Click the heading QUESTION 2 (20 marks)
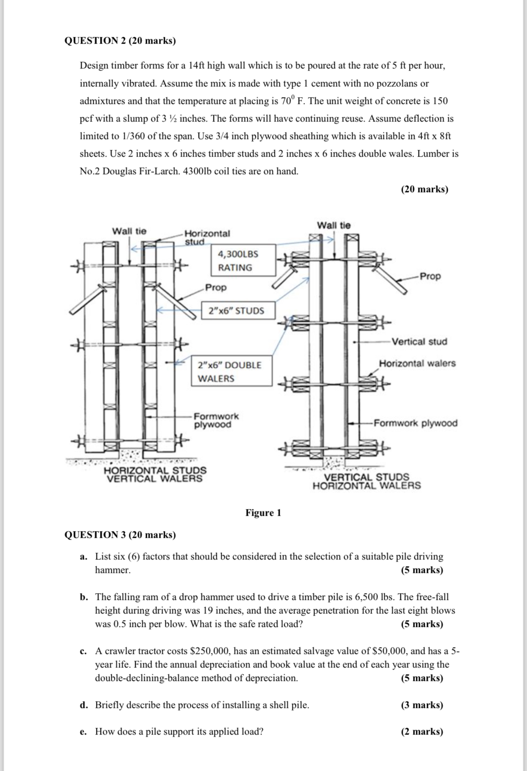[x=120, y=41]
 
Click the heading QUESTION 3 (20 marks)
[x=120, y=535]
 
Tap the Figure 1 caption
[x=263, y=513]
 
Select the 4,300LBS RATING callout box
[x=243, y=260]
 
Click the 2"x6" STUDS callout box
[x=237, y=311]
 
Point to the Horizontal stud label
[x=207, y=237]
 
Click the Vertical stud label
[x=419, y=342]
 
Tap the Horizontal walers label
[x=417, y=363]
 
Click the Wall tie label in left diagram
[x=129, y=231]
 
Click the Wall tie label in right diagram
[x=333, y=225]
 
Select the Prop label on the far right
[x=430, y=276]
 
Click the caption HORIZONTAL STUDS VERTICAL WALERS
[x=155, y=474]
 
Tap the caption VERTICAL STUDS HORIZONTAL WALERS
[x=367, y=481]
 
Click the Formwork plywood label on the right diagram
[x=415, y=423]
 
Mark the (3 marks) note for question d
[x=422, y=705]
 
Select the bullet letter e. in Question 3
[x=83, y=732]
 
